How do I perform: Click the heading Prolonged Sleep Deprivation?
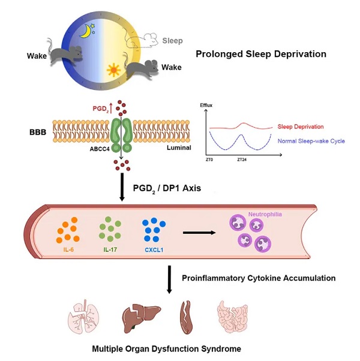[x=261, y=54]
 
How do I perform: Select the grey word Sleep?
[x=172, y=41]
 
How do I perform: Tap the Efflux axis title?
[x=206, y=106]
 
